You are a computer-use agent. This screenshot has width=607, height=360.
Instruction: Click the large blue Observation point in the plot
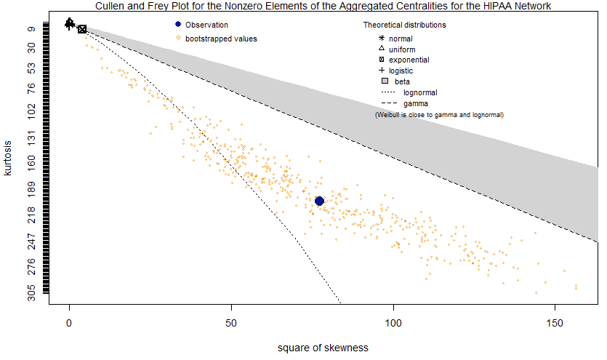coord(319,201)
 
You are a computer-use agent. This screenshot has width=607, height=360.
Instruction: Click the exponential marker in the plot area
coord(82,29)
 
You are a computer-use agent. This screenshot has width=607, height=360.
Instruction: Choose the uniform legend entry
coord(402,49)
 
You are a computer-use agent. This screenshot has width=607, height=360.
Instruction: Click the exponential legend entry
coord(409,60)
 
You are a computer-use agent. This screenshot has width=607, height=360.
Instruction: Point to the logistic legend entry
coord(401,71)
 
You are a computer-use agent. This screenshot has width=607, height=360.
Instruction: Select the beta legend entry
coord(402,81)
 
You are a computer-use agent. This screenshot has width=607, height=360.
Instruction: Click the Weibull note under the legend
coord(439,115)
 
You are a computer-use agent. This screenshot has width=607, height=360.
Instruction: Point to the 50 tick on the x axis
coord(231,321)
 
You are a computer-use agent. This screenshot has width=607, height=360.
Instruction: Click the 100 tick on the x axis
coord(393,321)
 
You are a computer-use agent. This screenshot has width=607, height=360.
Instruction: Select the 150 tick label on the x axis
coord(555,321)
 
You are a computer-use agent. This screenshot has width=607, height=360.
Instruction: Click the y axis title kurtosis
coord(8,158)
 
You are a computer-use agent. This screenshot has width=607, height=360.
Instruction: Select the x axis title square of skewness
coord(323,348)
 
